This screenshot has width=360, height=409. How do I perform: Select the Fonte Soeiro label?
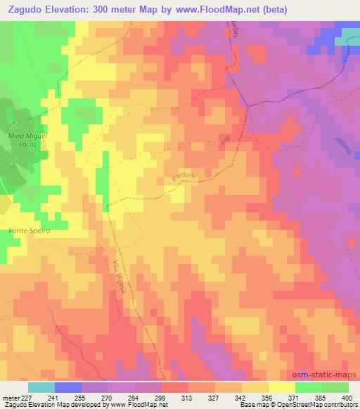(x=29, y=230)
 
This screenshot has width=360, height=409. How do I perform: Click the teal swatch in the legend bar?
(x=41, y=387)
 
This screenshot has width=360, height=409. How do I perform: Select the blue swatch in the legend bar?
(x=68, y=387)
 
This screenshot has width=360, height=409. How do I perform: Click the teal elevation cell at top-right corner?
(x=347, y=40)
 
